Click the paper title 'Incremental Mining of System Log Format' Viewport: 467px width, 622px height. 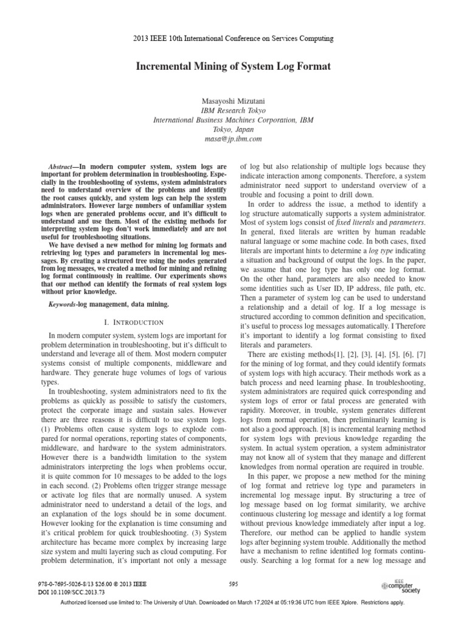click(x=233, y=67)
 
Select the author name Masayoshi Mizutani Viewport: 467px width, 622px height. click(x=233, y=101)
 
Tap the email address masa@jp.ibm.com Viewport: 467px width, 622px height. click(x=233, y=138)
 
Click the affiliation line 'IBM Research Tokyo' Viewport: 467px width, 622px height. click(x=233, y=111)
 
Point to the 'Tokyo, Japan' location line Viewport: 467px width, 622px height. click(x=233, y=129)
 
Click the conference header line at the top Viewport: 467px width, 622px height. click(x=233, y=39)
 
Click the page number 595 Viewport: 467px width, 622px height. click(x=233, y=584)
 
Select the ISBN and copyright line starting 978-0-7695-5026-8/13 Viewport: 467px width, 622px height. click(x=93, y=584)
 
